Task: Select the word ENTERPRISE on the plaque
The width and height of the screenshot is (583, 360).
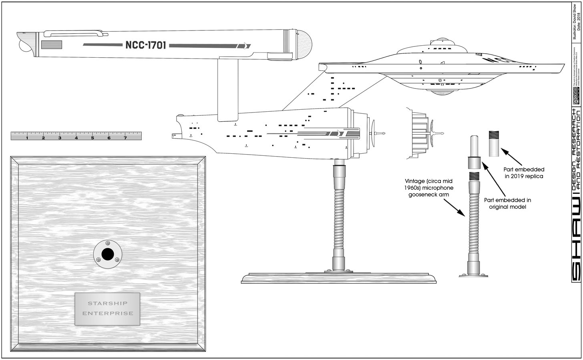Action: (x=108, y=313)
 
